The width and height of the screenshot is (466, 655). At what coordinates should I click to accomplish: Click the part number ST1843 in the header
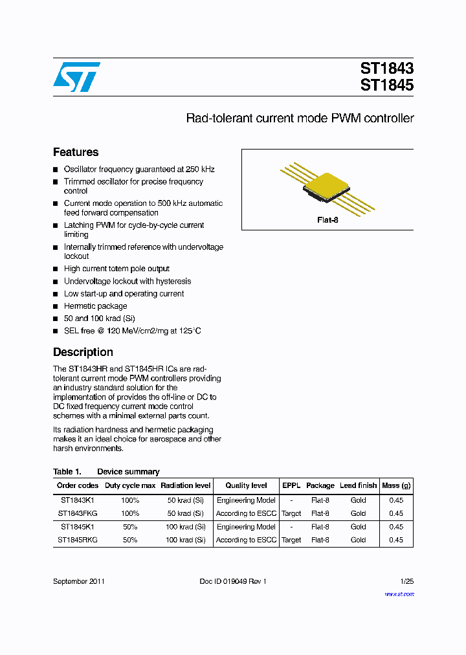click(386, 69)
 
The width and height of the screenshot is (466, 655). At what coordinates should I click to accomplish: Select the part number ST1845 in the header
click(386, 85)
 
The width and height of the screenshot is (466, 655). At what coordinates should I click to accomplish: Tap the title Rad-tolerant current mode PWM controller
click(300, 118)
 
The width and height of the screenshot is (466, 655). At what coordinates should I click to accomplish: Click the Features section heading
click(76, 152)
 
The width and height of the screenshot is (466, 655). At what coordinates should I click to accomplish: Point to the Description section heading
click(83, 352)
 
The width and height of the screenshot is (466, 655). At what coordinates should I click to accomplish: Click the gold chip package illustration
click(327, 185)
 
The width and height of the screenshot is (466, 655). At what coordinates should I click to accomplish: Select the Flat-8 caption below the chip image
click(327, 220)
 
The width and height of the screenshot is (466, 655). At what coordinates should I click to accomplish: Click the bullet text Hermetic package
click(95, 306)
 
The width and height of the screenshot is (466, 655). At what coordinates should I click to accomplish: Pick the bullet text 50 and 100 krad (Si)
click(99, 318)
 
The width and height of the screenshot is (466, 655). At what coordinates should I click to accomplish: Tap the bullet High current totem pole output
click(116, 269)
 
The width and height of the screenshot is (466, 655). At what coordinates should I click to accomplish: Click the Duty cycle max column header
click(130, 485)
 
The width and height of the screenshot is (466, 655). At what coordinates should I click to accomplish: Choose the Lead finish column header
click(358, 485)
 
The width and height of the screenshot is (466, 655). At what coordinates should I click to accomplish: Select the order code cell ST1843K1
click(78, 500)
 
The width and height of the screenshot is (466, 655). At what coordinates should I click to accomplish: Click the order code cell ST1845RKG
click(78, 540)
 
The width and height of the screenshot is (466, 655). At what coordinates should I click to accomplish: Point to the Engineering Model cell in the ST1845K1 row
click(246, 527)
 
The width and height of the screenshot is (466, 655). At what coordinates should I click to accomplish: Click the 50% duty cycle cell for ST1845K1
click(130, 527)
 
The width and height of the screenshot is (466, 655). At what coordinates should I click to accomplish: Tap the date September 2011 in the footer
click(79, 581)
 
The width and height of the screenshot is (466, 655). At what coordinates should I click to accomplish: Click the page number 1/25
click(406, 581)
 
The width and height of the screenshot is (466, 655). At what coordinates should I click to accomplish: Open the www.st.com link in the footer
click(399, 594)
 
